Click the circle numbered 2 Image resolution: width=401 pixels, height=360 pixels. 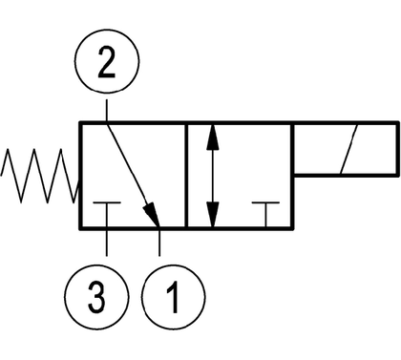pyautogui.click(x=107, y=30)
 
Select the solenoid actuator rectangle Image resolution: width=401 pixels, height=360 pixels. pyautogui.click(x=347, y=123)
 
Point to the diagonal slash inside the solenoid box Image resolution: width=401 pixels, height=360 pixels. pyautogui.click(x=349, y=149)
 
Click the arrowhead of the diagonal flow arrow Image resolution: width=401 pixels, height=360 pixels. pyautogui.click(x=152, y=214)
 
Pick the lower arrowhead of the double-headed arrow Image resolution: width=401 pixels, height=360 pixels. pyautogui.click(x=213, y=215)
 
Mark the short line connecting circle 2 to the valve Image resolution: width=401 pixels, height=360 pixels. pyautogui.click(x=107, y=111)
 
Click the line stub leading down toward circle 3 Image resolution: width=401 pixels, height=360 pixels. pyautogui.click(x=107, y=243)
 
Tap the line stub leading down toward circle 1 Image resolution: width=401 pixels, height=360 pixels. pyautogui.click(x=159, y=243)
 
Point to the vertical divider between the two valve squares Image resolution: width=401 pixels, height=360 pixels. pyautogui.click(x=186, y=175)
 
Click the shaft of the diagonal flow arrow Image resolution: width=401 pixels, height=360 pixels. pyautogui.click(x=127, y=164)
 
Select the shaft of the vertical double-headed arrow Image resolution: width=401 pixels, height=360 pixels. pyautogui.click(x=213, y=176)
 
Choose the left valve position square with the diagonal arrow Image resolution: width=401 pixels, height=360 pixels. pyautogui.click(x=80, y=175)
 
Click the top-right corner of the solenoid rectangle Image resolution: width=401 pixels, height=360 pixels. pyautogui.click(x=398, y=122)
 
